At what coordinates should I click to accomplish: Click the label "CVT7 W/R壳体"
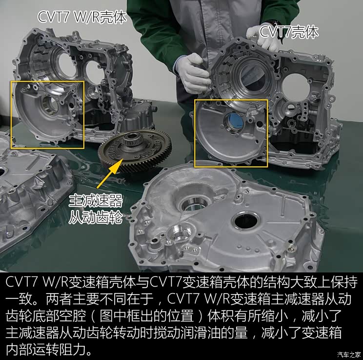pos(82,17)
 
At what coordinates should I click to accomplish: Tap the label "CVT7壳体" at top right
pos(289,32)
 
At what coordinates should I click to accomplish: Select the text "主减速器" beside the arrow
pos(95,200)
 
